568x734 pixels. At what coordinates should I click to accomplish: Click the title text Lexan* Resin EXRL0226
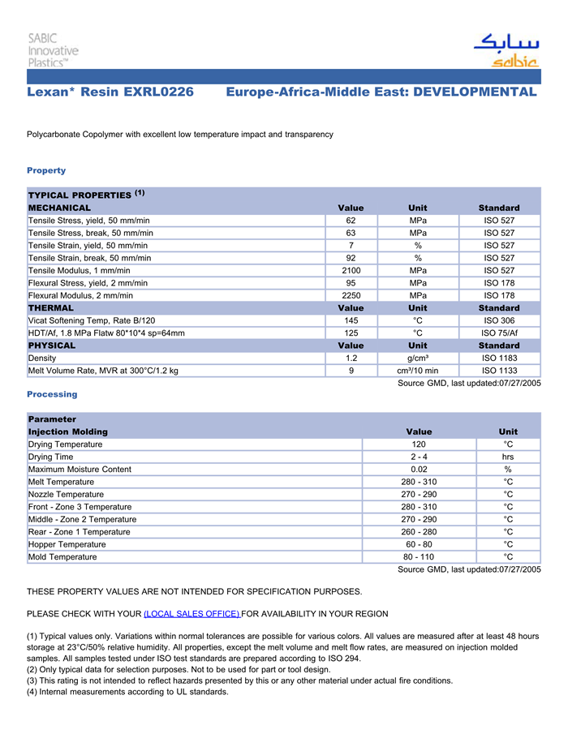tap(110, 92)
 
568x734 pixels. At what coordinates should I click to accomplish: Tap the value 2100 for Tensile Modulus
tap(351, 271)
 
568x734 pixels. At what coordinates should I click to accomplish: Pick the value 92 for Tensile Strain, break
tap(351, 258)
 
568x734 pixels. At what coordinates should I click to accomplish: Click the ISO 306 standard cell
tap(499, 321)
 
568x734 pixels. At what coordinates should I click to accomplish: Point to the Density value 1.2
tap(351, 358)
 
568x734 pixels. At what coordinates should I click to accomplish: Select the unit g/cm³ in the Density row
tap(418, 358)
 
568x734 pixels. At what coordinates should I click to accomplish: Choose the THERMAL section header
tap(51, 308)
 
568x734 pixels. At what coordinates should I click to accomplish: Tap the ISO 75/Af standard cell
tap(499, 333)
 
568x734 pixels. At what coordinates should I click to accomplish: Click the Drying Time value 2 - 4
tap(419, 457)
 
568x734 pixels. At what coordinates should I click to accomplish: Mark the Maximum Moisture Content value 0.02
tap(419, 470)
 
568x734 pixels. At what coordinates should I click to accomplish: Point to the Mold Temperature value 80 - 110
tap(419, 557)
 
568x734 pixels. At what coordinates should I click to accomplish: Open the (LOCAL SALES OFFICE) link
tap(191, 614)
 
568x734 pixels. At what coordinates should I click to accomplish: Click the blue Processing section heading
tap(52, 394)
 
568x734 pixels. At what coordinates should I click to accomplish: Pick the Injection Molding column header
tap(68, 432)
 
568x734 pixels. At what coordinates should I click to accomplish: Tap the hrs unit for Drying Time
tap(508, 457)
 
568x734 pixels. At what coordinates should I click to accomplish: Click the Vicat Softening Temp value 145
tap(351, 321)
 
